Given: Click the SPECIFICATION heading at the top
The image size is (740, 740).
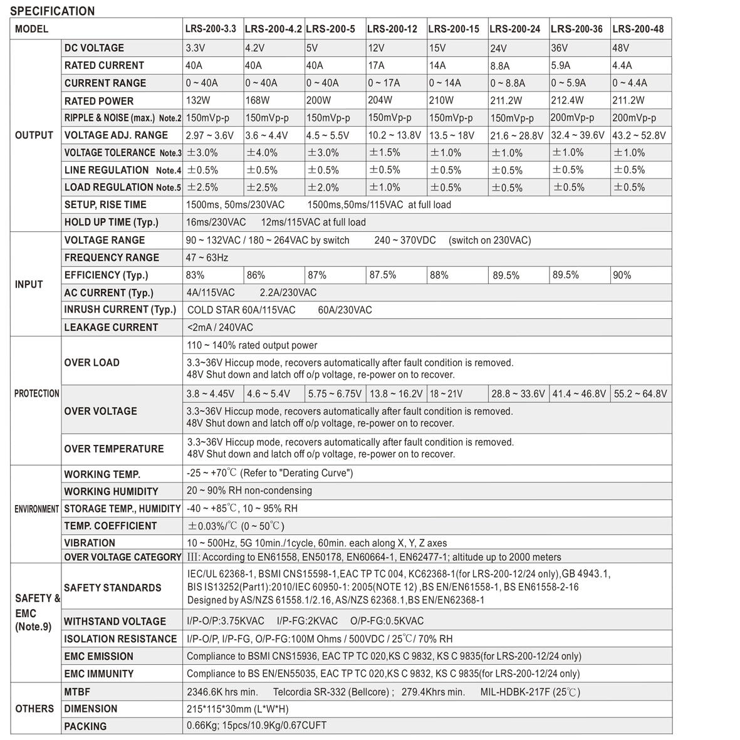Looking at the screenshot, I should click(x=53, y=11).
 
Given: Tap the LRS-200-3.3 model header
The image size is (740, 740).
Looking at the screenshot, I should click(x=211, y=29).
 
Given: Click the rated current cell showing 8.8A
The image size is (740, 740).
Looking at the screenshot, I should click(x=500, y=66).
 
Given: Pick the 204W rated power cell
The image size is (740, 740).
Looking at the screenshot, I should click(x=380, y=100).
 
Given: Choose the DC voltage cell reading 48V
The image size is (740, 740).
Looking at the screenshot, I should click(x=621, y=48).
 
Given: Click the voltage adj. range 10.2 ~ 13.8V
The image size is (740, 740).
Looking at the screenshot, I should click(x=394, y=135).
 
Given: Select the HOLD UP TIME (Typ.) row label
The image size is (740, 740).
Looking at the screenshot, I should click(x=112, y=222).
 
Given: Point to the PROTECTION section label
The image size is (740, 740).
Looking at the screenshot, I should click(x=36, y=393).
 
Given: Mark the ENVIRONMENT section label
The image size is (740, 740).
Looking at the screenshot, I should click(x=36, y=509).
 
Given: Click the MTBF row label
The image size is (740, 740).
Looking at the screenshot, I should click(x=78, y=692).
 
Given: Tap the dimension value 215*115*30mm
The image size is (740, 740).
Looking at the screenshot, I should click(x=237, y=709).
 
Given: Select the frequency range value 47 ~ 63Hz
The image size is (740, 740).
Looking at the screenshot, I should click(x=207, y=258).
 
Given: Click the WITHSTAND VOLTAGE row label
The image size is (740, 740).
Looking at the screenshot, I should click(x=115, y=621).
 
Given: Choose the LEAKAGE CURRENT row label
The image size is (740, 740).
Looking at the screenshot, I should click(x=111, y=327).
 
